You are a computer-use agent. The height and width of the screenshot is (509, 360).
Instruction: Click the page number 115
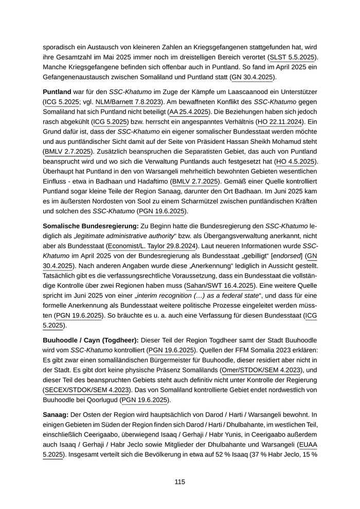(179, 482)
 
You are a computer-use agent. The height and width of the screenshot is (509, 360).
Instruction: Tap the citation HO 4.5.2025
(295, 161)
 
